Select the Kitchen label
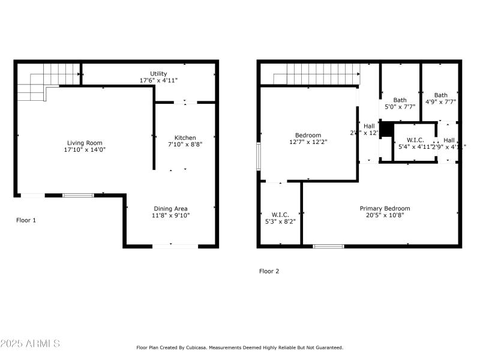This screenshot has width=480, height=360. click(x=185, y=137)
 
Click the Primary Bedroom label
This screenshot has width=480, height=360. click(x=385, y=208)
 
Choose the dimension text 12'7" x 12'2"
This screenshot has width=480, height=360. click(x=308, y=142)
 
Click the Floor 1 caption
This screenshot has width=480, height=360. click(x=26, y=220)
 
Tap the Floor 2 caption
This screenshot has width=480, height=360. click(x=269, y=271)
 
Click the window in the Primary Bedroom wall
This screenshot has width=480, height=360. click(x=328, y=246)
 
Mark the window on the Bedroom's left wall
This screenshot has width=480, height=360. click(x=259, y=156)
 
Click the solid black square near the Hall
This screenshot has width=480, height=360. click(x=387, y=129)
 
